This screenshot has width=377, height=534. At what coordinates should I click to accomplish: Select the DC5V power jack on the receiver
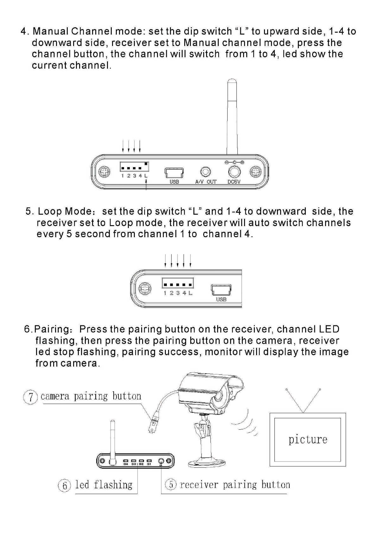(x=234, y=172)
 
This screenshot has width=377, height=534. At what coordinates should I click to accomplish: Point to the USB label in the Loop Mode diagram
(x=221, y=299)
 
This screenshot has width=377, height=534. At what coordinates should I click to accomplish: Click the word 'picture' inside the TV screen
(x=308, y=440)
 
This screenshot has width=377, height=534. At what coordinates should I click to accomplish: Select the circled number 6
(x=65, y=485)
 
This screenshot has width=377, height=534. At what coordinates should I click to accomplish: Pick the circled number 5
(x=171, y=485)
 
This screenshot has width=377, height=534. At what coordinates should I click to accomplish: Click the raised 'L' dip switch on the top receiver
(x=146, y=164)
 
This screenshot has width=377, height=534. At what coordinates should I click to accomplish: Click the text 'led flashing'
(x=104, y=485)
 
